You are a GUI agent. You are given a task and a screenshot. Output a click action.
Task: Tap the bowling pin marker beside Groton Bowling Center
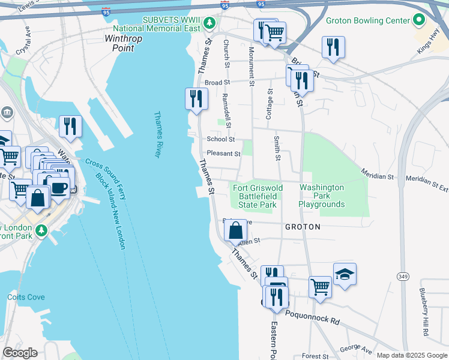[x=420, y=20]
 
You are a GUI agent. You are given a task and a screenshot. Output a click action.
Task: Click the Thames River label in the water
[x=158, y=134]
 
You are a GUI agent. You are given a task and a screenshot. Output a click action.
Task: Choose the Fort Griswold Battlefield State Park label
[x=258, y=196]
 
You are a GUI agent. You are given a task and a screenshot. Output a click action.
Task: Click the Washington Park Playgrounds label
[x=322, y=196]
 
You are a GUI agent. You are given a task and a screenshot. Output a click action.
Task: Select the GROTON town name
[x=303, y=227]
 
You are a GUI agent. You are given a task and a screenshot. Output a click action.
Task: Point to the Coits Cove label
[x=25, y=297]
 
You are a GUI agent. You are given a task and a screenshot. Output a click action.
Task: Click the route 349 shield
[x=403, y=275]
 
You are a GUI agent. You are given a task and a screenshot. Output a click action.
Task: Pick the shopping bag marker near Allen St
[x=237, y=229]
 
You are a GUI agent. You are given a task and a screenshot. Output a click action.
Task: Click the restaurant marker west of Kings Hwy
[x=333, y=47]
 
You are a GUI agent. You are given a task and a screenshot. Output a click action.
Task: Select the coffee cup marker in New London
[x=58, y=187]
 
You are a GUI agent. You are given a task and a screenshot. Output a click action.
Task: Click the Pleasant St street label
[x=223, y=154]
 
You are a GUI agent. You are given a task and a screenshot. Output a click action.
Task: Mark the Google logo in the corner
[x=20, y=352]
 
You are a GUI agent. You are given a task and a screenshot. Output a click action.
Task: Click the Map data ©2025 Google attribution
[x=411, y=355]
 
